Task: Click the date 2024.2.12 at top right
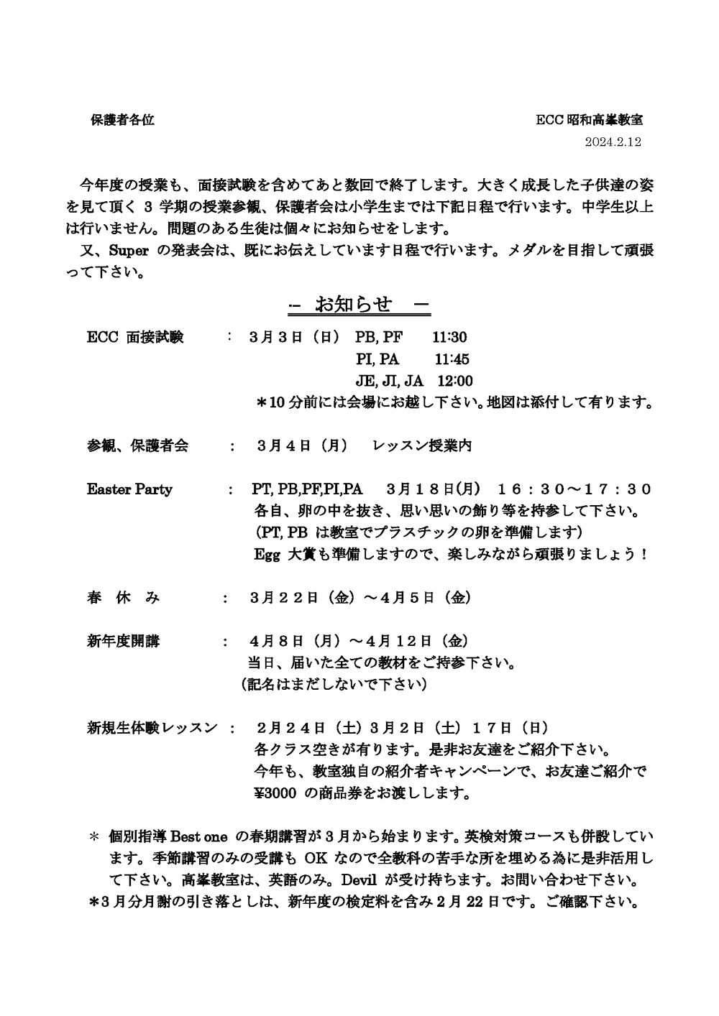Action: [613, 142]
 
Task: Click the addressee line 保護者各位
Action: [122, 121]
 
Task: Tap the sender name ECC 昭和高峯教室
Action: [589, 121]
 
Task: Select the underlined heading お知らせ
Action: [358, 305]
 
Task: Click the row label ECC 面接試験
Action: [135, 337]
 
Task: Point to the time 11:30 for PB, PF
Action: [449, 337]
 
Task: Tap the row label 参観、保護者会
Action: [137, 446]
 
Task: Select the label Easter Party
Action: [129, 489]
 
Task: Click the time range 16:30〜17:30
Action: [574, 489]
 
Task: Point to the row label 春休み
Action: [123, 598]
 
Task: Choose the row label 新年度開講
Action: [123, 641]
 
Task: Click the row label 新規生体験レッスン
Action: [152, 728]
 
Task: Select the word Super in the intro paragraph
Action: [128, 251]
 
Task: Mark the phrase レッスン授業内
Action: [422, 446]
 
